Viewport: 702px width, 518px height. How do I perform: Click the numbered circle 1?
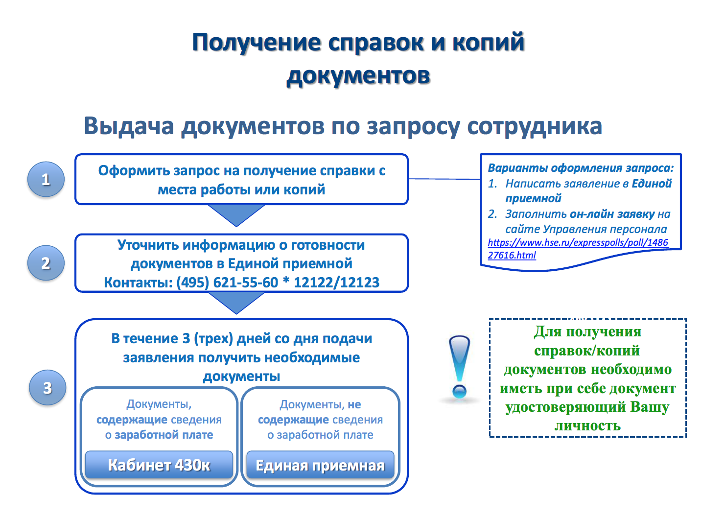click(46, 179)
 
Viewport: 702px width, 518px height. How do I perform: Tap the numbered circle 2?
click(46, 263)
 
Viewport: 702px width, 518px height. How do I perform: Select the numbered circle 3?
click(47, 387)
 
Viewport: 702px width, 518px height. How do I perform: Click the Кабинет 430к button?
click(159, 465)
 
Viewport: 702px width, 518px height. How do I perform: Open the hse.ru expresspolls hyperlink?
click(578, 249)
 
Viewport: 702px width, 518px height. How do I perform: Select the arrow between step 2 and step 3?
click(236, 303)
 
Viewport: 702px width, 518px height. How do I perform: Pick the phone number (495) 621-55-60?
click(227, 282)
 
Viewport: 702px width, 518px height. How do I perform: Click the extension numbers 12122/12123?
click(337, 282)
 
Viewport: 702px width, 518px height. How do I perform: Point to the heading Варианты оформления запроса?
click(581, 168)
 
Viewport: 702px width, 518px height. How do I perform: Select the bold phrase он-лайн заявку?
click(612, 214)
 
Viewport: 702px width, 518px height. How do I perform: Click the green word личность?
click(587, 425)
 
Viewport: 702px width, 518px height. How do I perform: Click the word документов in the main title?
click(358, 76)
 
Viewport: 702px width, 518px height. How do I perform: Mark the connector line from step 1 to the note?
click(445, 179)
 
